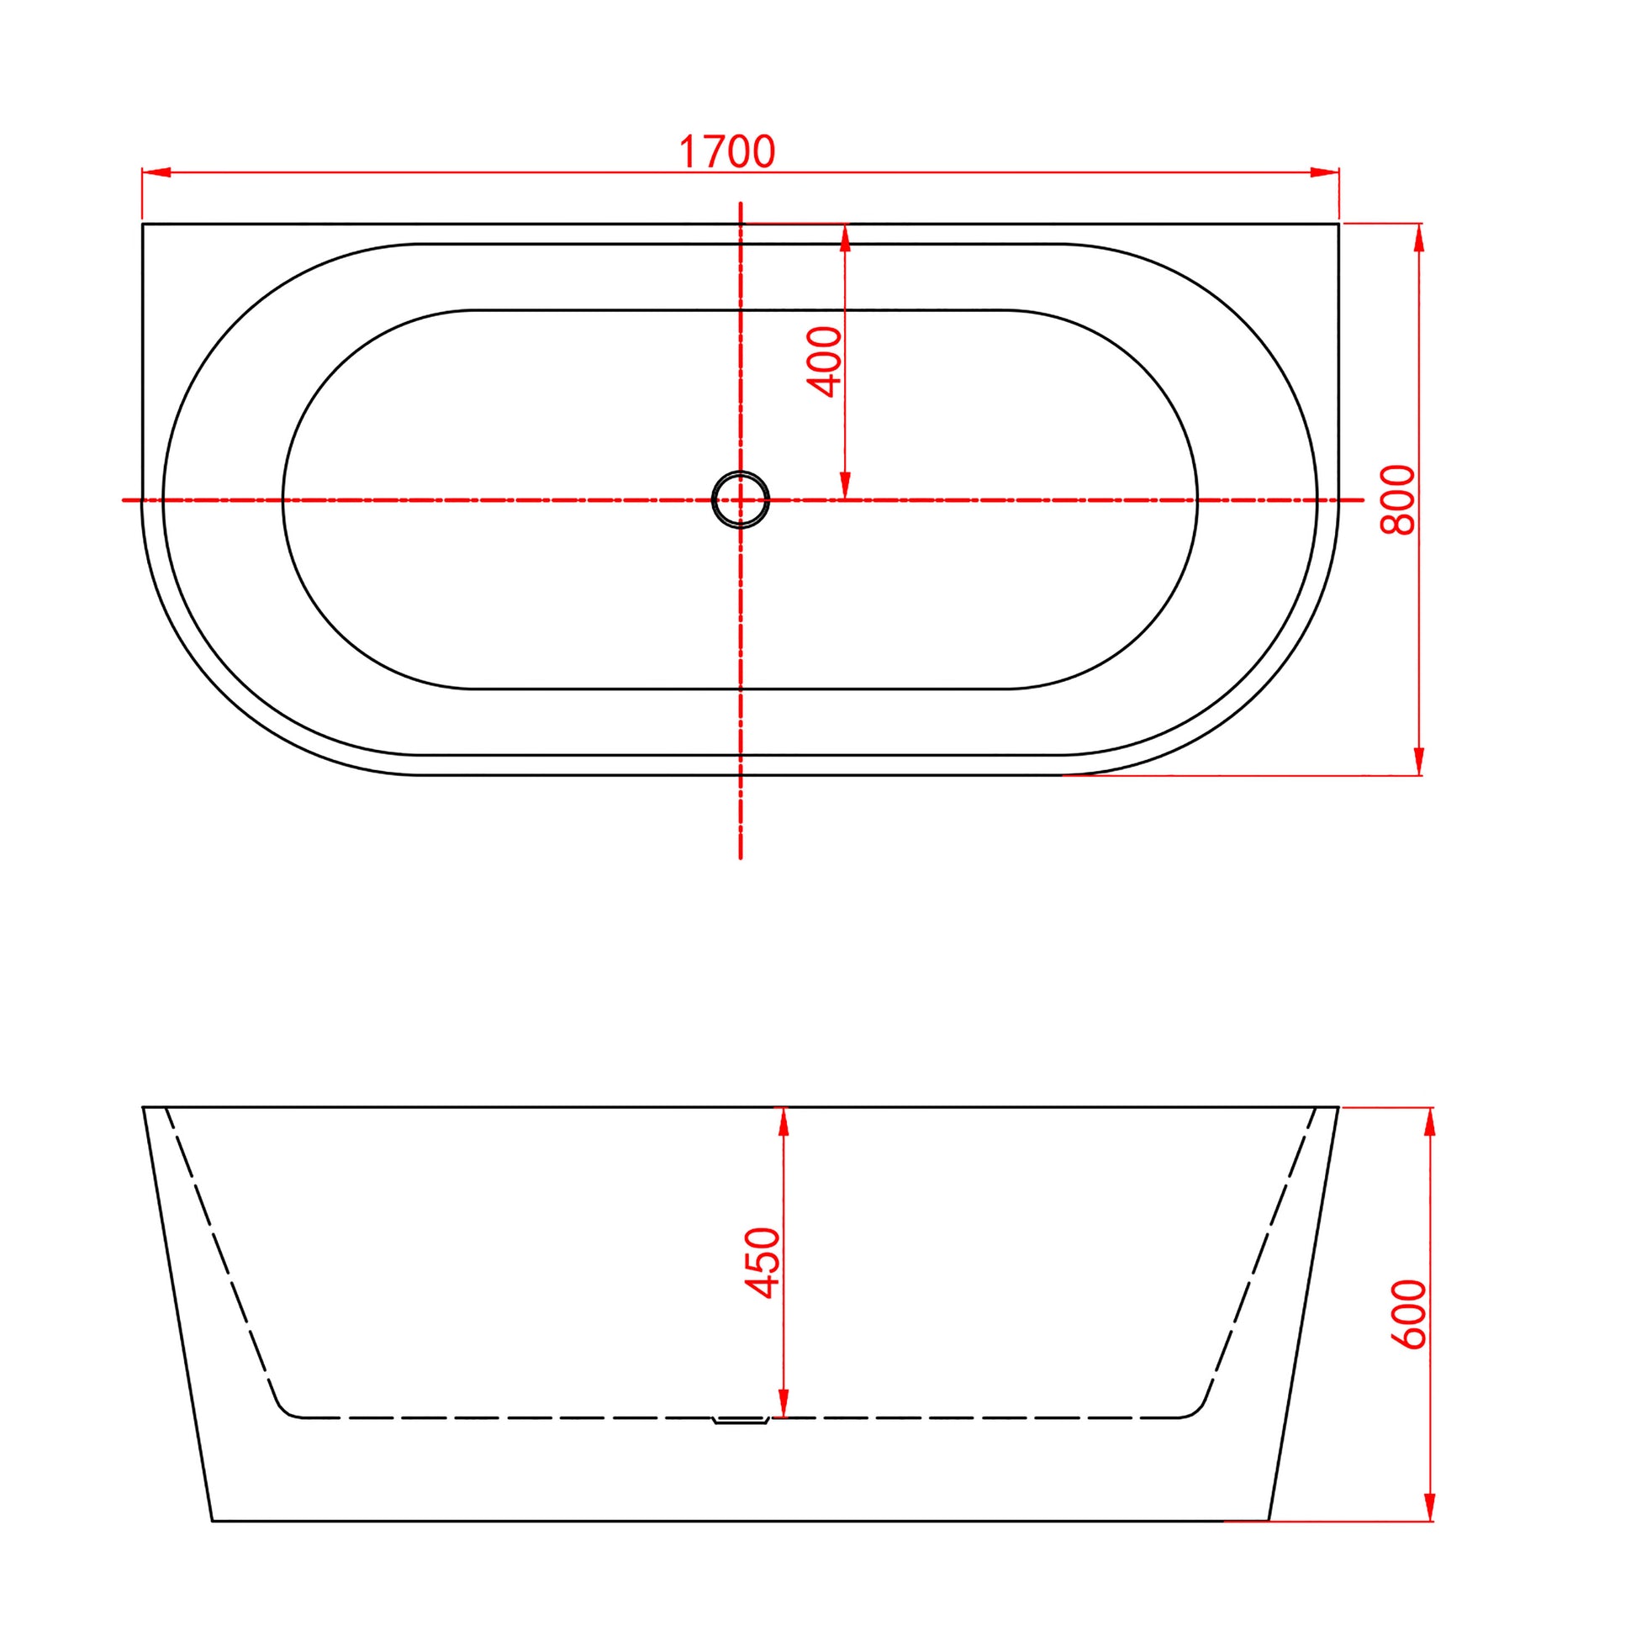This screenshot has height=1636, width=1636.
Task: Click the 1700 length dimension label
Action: click(727, 152)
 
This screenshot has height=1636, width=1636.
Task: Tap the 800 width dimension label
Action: click(1397, 499)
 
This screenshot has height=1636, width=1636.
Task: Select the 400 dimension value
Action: click(825, 362)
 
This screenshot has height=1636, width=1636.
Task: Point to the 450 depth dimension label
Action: click(763, 1263)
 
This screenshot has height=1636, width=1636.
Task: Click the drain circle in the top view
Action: click(741, 499)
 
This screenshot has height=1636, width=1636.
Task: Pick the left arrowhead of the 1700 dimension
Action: click(156, 172)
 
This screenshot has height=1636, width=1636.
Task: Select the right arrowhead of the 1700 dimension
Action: click(1324, 172)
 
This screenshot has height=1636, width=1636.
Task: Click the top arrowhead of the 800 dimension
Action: click(1420, 238)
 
